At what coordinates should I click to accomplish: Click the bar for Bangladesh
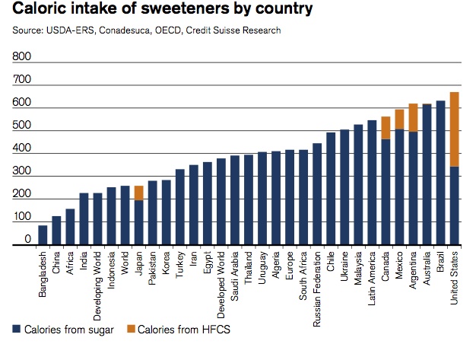[x=43, y=235]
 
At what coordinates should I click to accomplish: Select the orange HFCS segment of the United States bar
[x=454, y=129]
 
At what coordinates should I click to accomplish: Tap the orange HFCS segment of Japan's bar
[x=138, y=193]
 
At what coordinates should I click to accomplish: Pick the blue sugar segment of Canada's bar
[x=386, y=192]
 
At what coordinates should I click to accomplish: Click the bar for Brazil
[x=440, y=173]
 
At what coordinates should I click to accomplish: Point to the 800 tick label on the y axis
[x=21, y=56]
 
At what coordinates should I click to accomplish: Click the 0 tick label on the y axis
[x=27, y=239]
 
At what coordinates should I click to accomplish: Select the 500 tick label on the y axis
[x=21, y=125]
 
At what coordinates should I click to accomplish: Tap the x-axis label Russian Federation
[x=316, y=289]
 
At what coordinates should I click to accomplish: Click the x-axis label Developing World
[x=97, y=286]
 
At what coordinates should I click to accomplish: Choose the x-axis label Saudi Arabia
[x=234, y=276]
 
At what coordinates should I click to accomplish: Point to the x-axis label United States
[x=454, y=278]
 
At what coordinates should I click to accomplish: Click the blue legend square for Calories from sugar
[x=17, y=329]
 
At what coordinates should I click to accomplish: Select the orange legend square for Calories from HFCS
[x=131, y=329]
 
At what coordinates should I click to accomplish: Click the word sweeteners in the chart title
[x=185, y=8]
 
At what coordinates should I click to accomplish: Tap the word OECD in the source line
[x=168, y=30]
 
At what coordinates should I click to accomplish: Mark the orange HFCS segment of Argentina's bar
[x=413, y=118]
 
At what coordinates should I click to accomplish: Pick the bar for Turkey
[x=180, y=207]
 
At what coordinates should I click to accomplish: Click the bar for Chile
[x=331, y=188]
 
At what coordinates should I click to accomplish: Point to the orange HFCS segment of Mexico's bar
[x=399, y=119]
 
